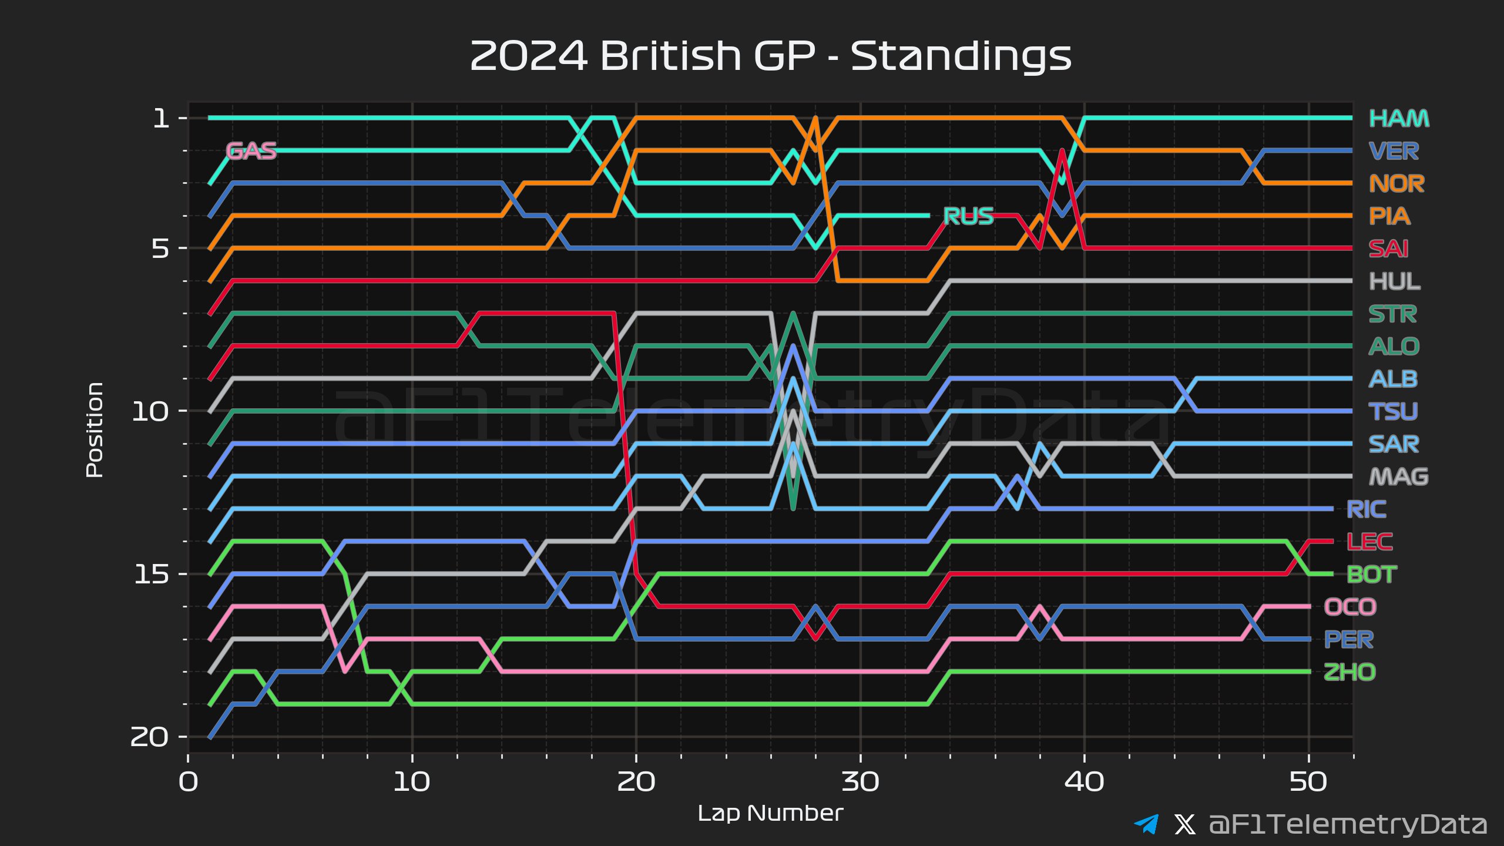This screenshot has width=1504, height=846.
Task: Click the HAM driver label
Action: (x=1399, y=119)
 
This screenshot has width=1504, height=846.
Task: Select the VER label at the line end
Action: (x=1394, y=152)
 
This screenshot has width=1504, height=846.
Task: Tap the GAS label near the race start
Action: (x=251, y=151)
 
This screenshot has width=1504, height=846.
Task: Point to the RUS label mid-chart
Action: (x=968, y=216)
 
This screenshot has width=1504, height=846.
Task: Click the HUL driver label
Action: (x=1394, y=281)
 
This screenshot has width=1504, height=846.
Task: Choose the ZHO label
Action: (x=1349, y=672)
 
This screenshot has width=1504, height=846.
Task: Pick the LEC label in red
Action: (x=1369, y=542)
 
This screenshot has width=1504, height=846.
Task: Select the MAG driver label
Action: (x=1398, y=476)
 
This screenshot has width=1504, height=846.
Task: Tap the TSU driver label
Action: (x=1393, y=411)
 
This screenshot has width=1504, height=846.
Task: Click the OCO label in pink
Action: (x=1350, y=607)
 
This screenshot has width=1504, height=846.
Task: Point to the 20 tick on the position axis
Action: (x=150, y=737)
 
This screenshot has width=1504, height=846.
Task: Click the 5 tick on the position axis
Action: (x=160, y=249)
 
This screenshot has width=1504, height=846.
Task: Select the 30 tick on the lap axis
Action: (x=860, y=782)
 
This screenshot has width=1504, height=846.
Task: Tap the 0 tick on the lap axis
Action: (x=189, y=782)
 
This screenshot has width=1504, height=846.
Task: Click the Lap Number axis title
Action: (x=770, y=813)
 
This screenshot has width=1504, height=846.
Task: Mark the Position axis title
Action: (x=95, y=429)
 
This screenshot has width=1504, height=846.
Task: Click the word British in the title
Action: (x=671, y=56)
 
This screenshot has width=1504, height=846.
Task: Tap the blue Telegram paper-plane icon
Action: (x=1146, y=824)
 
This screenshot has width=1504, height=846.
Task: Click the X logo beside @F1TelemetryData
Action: (x=1184, y=824)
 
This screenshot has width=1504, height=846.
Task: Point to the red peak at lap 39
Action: (x=1062, y=152)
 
